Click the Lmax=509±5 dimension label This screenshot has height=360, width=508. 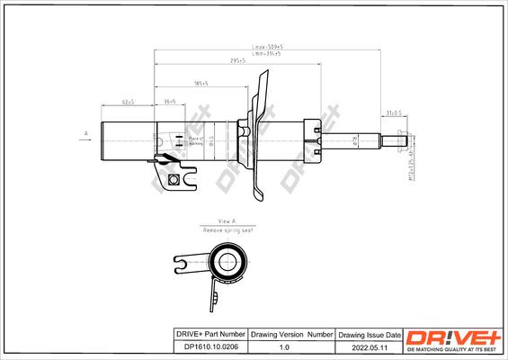pyautogui.click(x=267, y=46)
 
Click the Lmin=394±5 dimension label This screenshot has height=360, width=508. pyautogui.click(x=267, y=54)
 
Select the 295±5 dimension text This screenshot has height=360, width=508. pyautogui.click(x=237, y=61)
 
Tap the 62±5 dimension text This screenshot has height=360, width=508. pyautogui.click(x=128, y=103)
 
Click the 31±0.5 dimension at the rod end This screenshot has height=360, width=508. pyautogui.click(x=394, y=113)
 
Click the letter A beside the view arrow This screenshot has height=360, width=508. pyautogui.click(x=85, y=133)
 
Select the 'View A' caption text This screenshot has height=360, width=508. pyautogui.click(x=226, y=220)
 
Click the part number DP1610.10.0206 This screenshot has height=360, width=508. pyautogui.click(x=209, y=345)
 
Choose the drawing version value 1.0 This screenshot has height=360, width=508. pyautogui.click(x=285, y=345)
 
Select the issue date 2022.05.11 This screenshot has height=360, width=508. pyautogui.click(x=361, y=345)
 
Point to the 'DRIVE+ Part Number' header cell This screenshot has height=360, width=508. pyautogui.click(x=209, y=332)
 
